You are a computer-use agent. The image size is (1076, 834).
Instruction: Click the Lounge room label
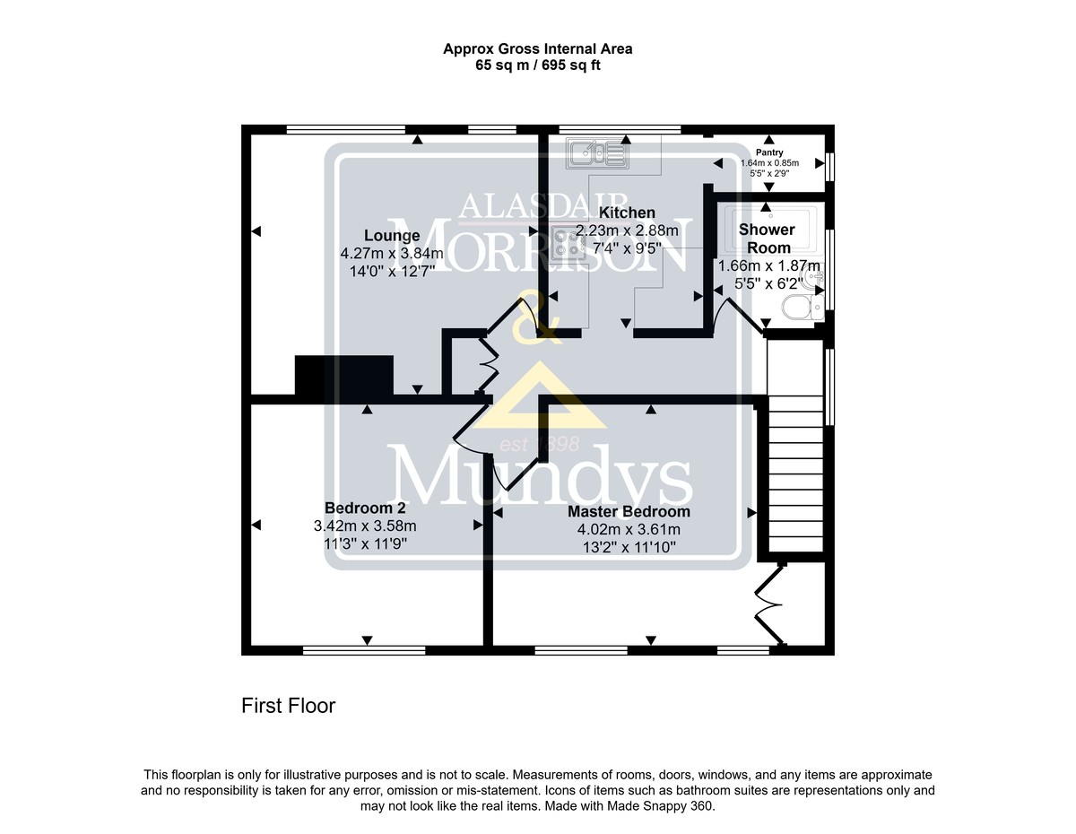pos(392,235)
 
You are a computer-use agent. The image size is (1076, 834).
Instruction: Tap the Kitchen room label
pos(627,213)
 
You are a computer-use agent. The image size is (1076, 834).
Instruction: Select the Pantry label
pos(769,152)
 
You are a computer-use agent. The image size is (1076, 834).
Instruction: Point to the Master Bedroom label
pos(629,511)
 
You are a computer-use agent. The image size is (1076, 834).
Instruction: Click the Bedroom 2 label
pos(365,508)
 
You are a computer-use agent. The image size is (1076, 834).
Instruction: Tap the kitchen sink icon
pos(598,153)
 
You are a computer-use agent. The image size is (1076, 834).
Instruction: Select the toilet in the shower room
pos(803,307)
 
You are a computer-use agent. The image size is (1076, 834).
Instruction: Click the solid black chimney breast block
pos(344,375)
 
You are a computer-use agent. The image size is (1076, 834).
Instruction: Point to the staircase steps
pos(795,473)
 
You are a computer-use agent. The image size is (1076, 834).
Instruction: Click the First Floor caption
pos(288,706)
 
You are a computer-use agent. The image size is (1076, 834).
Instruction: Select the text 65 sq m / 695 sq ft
pos(538,65)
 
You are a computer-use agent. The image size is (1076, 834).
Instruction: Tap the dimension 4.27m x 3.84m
pos(392,254)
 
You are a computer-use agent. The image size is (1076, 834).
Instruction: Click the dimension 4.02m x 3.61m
pos(629,529)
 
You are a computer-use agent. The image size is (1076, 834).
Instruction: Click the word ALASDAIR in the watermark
pos(543,206)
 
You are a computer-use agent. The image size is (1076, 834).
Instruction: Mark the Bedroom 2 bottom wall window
pos(364,650)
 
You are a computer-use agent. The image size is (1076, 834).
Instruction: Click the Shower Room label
pos(768,239)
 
